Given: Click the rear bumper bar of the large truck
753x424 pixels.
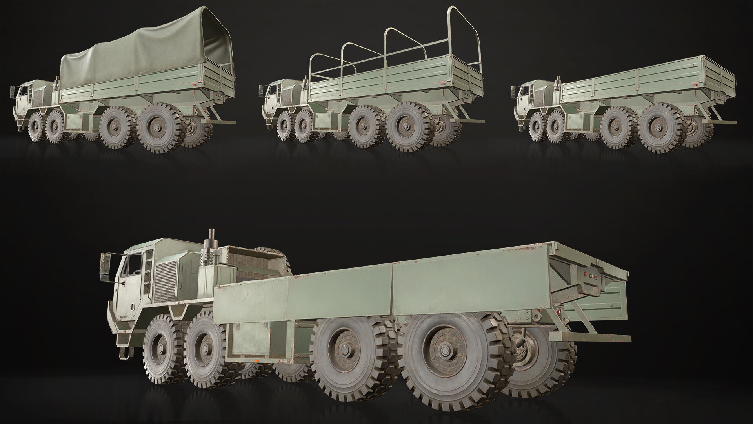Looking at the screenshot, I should click(590, 337).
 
